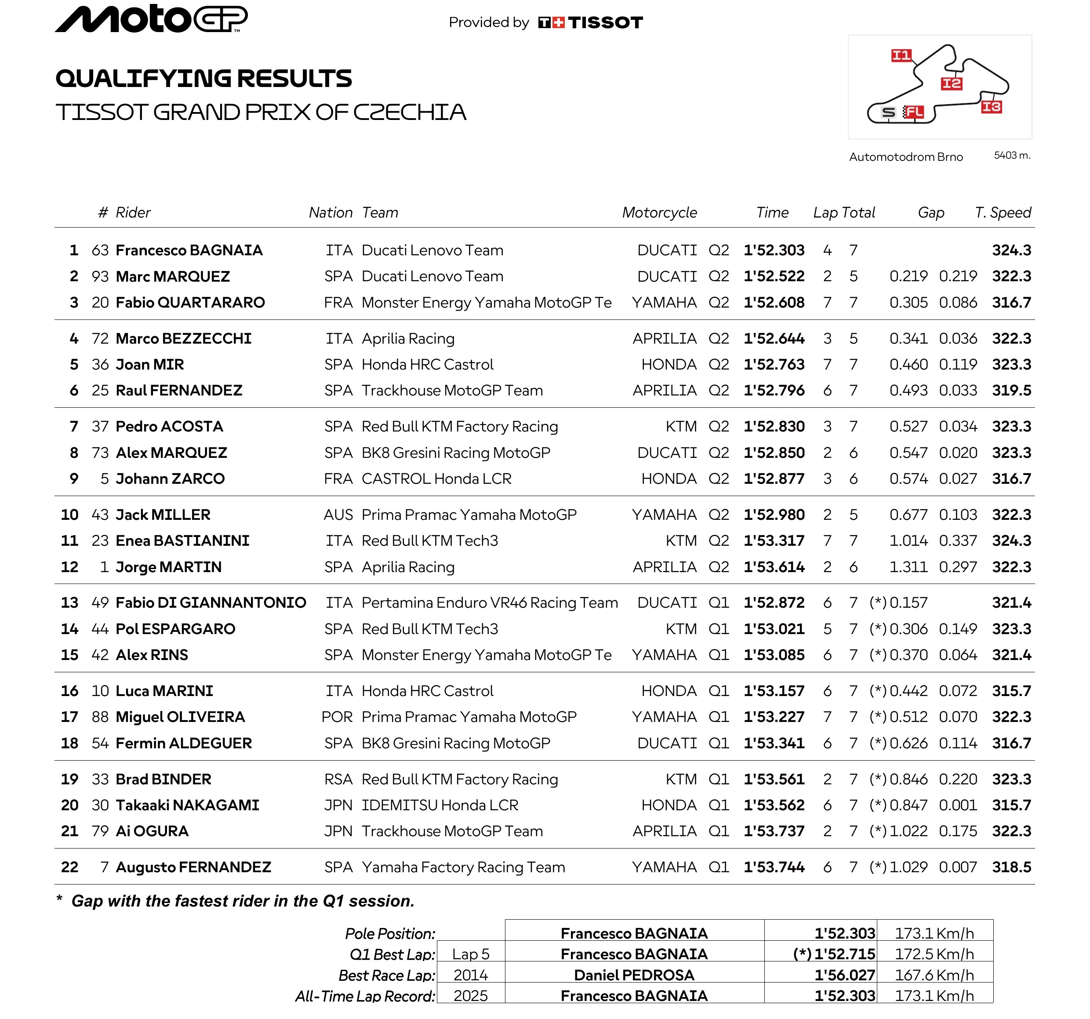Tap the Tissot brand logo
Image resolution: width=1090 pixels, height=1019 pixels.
click(x=590, y=22)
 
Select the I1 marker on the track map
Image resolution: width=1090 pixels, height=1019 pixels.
click(x=901, y=55)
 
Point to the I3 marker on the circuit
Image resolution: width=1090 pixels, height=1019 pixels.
click(x=991, y=106)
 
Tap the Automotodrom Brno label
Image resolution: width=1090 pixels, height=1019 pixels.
click(x=906, y=157)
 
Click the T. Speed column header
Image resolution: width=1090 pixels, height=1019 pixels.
click(x=1003, y=212)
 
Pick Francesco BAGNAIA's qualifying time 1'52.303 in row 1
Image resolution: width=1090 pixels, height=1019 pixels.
click(x=774, y=250)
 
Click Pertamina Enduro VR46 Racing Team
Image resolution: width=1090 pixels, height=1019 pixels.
click(x=490, y=602)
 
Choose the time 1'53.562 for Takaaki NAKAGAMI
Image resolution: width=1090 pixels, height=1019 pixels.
click(x=774, y=805)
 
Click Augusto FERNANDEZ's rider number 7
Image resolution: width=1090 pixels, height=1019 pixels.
click(x=104, y=867)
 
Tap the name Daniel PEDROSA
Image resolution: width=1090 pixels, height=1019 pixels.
click(x=634, y=975)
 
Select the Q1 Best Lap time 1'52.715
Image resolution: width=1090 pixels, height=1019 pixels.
click(x=844, y=954)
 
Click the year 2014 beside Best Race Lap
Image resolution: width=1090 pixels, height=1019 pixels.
click(x=470, y=975)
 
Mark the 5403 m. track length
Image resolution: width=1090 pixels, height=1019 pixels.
click(x=1012, y=156)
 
